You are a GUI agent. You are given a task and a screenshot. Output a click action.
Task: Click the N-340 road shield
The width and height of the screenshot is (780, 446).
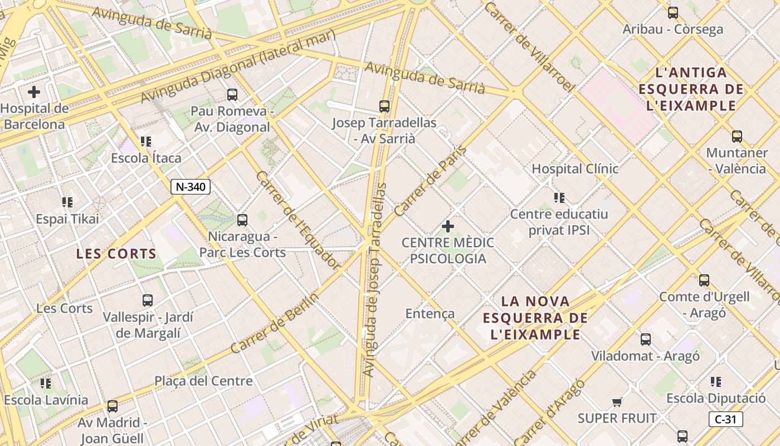tap(190, 187)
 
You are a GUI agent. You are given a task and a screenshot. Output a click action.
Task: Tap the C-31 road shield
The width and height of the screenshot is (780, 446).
tap(725, 419)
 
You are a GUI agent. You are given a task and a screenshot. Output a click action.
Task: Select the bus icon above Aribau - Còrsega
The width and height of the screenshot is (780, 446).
tap(673, 12)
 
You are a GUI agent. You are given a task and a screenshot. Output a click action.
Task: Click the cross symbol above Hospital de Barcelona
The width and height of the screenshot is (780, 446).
tap(34, 92)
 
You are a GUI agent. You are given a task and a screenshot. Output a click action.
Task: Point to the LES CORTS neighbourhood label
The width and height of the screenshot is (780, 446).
tap(116, 254)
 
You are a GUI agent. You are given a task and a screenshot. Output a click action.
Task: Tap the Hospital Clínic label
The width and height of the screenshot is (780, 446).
tap(575, 168)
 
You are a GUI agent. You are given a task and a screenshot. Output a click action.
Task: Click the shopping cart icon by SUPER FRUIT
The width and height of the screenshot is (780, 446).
tap(617, 402)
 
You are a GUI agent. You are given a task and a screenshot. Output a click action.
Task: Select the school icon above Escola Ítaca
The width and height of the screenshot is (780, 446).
tap(146, 142)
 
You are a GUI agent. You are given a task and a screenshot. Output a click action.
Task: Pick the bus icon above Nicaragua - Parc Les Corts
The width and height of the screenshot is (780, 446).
tap(242, 220)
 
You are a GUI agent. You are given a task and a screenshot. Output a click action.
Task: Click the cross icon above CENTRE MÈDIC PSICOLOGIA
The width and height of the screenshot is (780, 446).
tap(447, 226)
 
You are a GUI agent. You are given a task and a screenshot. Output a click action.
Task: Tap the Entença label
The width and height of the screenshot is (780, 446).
tap(430, 313)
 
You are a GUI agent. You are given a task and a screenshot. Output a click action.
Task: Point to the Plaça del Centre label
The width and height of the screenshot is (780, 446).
tap(203, 381)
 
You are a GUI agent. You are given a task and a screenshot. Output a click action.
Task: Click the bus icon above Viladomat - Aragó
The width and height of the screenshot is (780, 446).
tap(646, 339)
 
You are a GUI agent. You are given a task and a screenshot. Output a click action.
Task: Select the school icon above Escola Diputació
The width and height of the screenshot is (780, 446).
tap(716, 382)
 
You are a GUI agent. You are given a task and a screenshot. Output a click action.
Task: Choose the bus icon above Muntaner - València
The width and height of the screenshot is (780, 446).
tap(737, 136)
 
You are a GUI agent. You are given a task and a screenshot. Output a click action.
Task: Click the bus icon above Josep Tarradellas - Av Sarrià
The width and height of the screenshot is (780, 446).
tap(384, 106)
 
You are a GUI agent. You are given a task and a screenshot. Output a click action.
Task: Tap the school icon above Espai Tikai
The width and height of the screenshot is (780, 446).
tap(67, 202)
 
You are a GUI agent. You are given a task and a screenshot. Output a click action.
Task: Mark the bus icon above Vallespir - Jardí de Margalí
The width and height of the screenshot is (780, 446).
tap(148, 300)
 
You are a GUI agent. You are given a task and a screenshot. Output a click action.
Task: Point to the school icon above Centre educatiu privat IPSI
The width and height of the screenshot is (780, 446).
tap(559, 197)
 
